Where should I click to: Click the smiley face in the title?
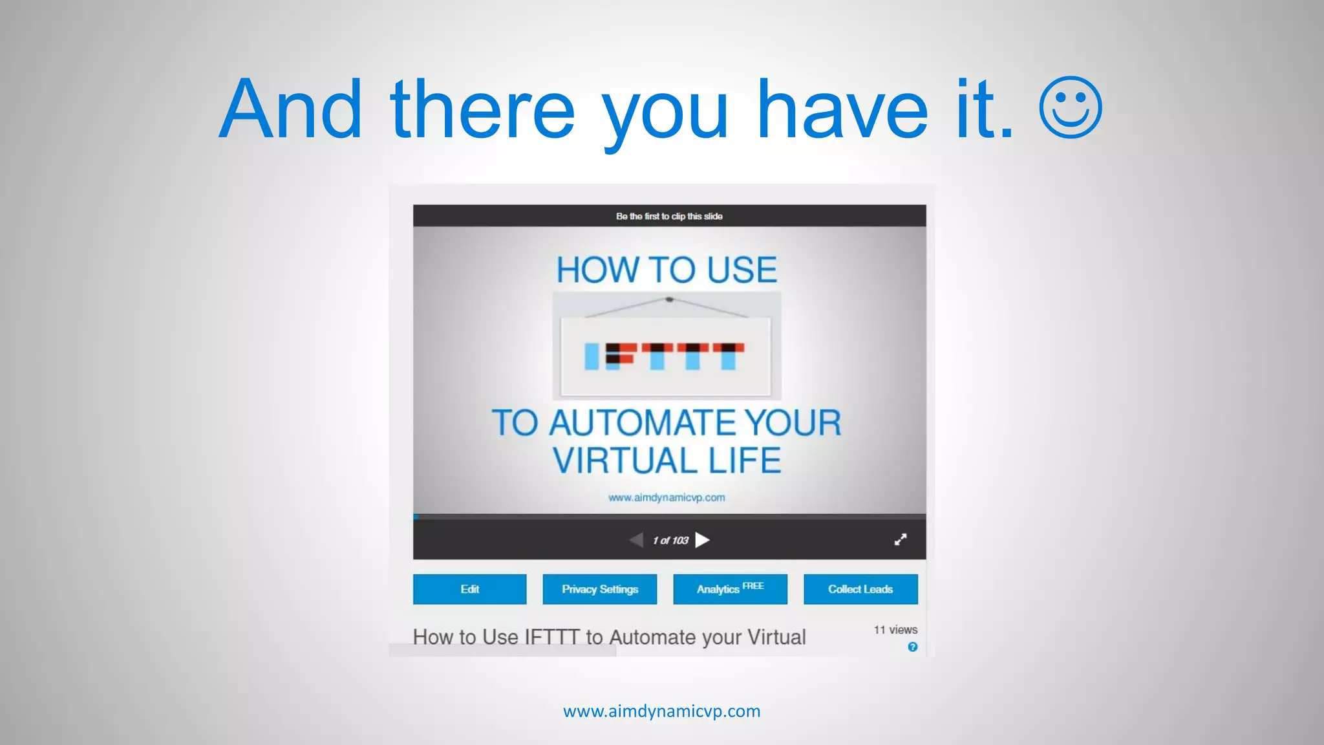(x=1070, y=108)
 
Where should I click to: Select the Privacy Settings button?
(x=599, y=589)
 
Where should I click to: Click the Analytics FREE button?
(x=730, y=589)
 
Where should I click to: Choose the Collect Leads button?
(x=860, y=589)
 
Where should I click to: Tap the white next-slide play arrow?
(x=702, y=540)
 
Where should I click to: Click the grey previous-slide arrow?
(x=636, y=540)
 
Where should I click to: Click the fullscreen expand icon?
(x=900, y=539)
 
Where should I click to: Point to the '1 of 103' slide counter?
(x=670, y=541)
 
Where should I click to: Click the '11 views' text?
(x=895, y=630)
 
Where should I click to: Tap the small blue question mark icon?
(x=912, y=647)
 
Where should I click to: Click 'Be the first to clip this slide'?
(x=669, y=216)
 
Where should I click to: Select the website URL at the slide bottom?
(x=661, y=711)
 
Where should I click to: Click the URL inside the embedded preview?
(x=667, y=497)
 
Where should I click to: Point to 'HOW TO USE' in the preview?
(x=667, y=270)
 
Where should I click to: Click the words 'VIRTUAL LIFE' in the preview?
(x=667, y=460)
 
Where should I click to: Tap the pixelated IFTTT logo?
(x=665, y=356)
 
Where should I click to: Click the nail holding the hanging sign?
(x=669, y=299)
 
